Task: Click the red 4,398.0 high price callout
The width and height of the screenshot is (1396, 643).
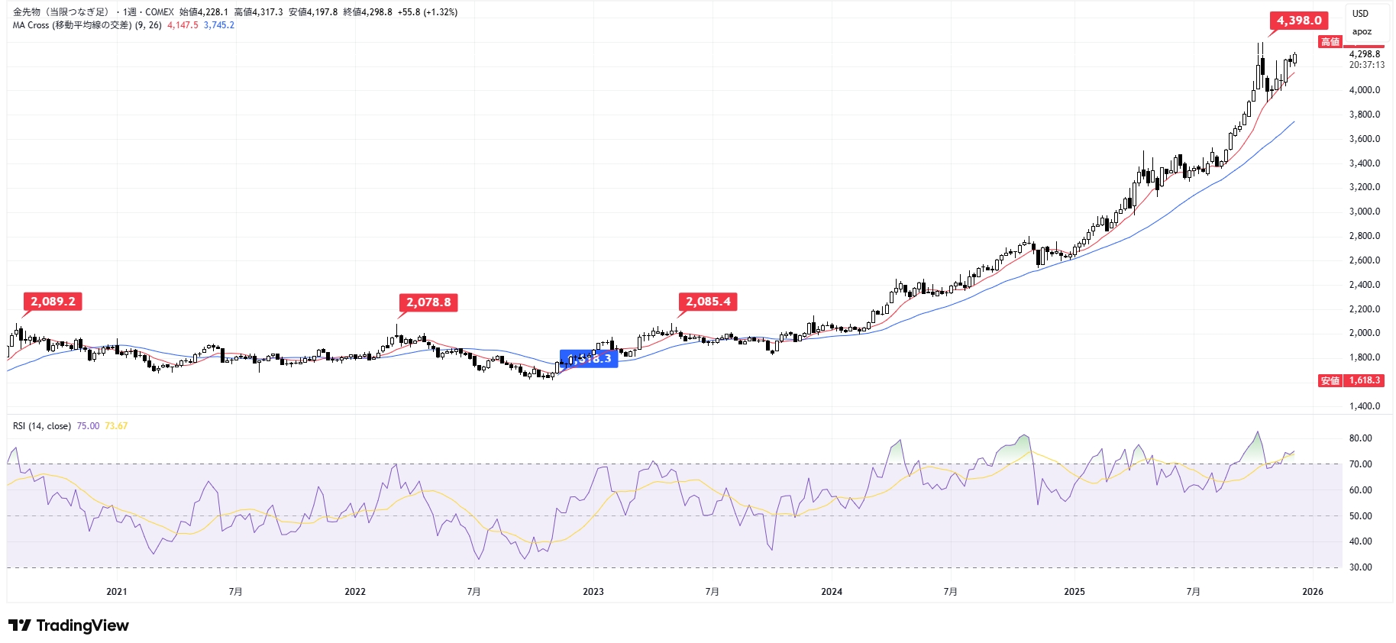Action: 1299,21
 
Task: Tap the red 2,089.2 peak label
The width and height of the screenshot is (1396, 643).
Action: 53,302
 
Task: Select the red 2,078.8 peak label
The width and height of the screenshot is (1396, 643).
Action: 428,302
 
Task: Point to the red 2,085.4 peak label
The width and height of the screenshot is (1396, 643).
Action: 708,302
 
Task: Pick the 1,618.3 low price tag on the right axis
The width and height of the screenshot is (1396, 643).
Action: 1364,380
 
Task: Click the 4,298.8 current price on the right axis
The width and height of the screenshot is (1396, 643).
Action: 1365,54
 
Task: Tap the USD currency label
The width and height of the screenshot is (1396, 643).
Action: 1361,14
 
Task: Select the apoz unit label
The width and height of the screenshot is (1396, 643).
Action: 1362,32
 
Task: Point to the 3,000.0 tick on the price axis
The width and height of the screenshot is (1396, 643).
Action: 1365,212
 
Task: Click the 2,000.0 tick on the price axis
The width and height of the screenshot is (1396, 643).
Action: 1365,333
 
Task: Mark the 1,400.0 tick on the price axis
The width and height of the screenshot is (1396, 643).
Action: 1365,406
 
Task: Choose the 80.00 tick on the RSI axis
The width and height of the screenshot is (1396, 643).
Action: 1361,438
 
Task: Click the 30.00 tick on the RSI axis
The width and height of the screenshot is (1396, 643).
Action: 1361,567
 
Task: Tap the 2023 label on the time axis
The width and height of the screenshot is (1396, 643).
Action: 593,592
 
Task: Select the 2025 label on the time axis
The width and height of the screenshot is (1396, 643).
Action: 1074,592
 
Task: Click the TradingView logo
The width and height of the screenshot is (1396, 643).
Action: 69,626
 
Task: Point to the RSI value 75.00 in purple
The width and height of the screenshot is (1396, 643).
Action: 88,426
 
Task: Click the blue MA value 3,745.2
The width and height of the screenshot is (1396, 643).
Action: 219,25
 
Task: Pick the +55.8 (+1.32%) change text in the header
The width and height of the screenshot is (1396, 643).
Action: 428,12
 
